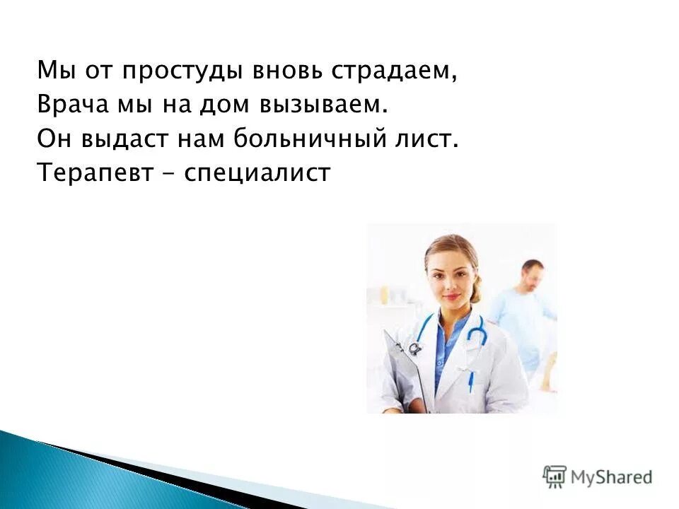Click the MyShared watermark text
(612, 476)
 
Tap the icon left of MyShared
(555, 476)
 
